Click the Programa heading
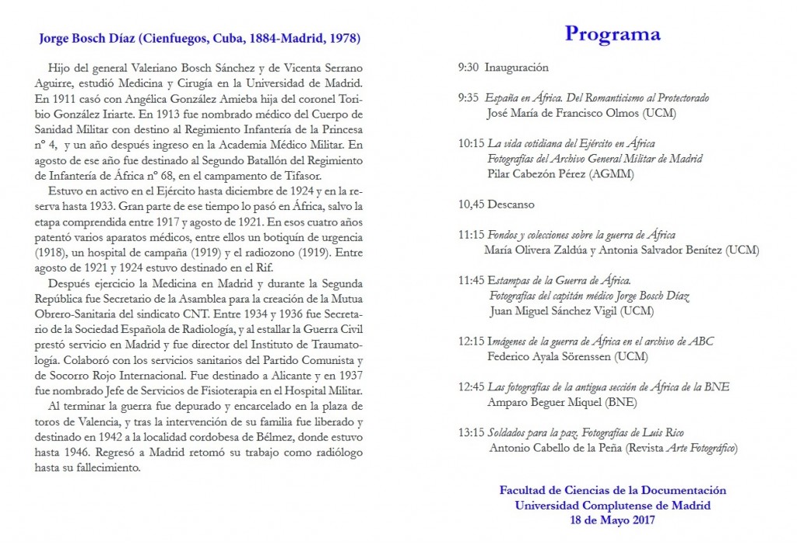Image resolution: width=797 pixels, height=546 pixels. pos(613,34)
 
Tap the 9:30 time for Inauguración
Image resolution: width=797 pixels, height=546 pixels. pos(469,68)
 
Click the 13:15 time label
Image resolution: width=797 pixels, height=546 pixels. pos(471,432)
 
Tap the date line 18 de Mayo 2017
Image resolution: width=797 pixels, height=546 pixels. pos(613,520)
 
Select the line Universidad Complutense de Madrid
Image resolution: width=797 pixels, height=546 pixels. pos(613,505)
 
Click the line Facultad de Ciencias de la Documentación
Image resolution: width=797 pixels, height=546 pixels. pos(613,490)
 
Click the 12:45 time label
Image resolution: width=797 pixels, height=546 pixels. pos(471,387)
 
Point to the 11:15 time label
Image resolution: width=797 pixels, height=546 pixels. pos(471,235)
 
